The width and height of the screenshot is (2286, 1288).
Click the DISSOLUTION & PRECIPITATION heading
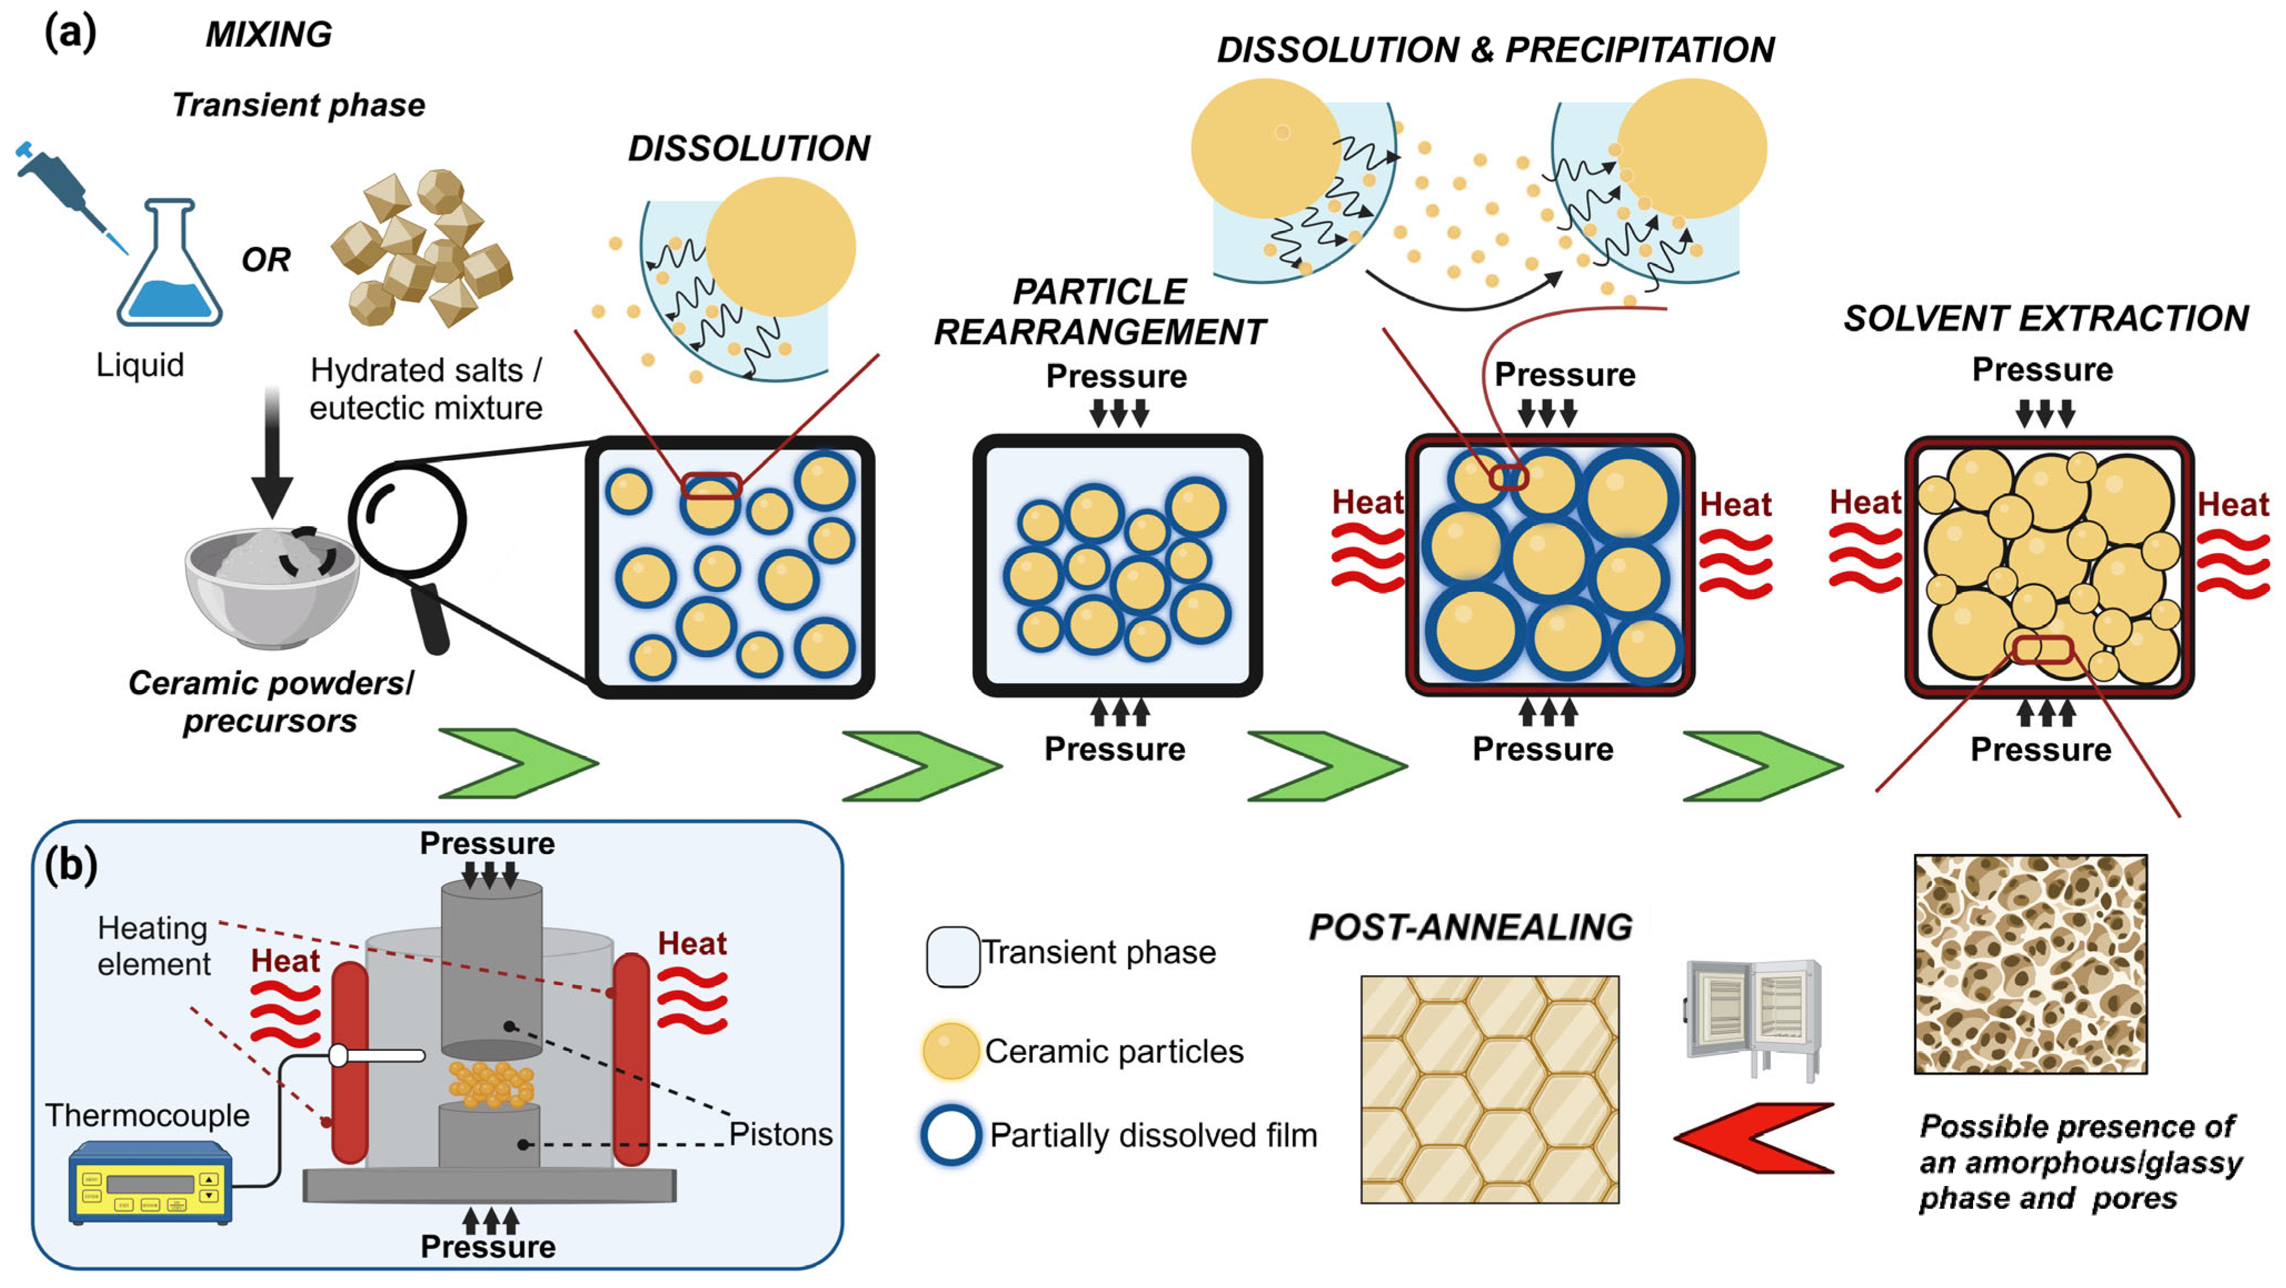(x=1495, y=49)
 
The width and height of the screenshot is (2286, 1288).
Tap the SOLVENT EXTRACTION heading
(x=2045, y=318)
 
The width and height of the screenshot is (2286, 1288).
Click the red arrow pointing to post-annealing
(x=1752, y=1138)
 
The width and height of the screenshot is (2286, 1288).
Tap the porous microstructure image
(x=2030, y=964)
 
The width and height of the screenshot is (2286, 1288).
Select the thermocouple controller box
(x=151, y=1183)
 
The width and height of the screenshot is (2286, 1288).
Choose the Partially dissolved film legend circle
(x=950, y=1135)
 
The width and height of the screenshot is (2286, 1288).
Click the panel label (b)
(x=71, y=864)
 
